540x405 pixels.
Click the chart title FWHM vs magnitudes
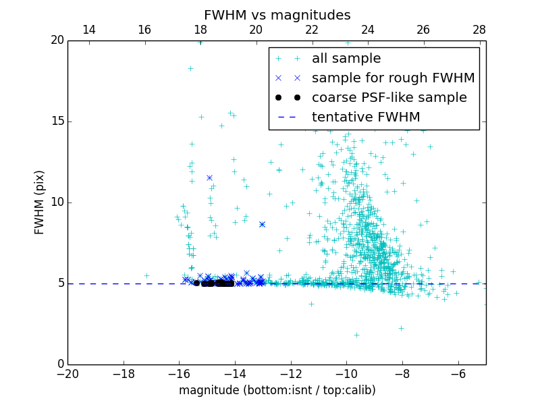point(277,15)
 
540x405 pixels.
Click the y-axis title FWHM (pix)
point(40,202)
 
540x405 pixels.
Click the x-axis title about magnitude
point(277,390)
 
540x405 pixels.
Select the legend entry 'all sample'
point(346,59)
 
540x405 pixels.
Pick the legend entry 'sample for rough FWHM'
point(393,78)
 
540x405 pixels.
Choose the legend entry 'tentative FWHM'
point(365,117)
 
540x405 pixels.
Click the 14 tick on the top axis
point(88,30)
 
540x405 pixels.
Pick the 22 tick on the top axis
point(312,30)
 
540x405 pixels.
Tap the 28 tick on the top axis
point(479,30)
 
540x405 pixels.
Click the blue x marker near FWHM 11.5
point(209,178)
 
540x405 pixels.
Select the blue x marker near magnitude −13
point(262,224)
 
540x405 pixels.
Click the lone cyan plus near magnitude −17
point(146,275)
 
